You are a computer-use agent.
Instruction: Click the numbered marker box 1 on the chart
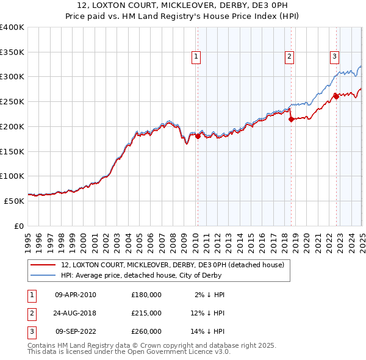click(196, 57)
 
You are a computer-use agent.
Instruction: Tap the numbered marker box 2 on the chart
click(289, 57)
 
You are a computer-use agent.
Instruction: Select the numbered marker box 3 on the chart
click(335, 57)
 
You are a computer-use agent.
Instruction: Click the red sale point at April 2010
click(198, 137)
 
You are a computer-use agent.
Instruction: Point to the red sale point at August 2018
click(291, 120)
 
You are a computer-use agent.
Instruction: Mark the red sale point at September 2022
click(336, 96)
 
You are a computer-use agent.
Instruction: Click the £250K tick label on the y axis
click(12, 101)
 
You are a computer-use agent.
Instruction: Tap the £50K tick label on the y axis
click(15, 201)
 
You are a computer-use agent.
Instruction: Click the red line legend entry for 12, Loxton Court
click(173, 265)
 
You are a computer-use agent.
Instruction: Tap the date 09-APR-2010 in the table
click(76, 295)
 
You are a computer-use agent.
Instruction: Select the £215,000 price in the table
click(146, 313)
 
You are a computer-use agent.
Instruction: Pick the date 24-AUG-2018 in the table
click(76, 313)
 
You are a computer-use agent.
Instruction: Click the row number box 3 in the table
click(30, 332)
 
